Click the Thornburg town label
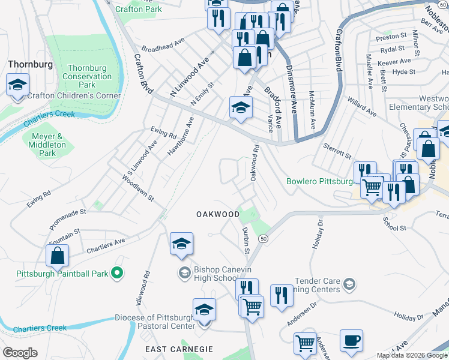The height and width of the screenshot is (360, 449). [30, 64]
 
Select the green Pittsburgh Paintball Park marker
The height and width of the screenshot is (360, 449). [118, 274]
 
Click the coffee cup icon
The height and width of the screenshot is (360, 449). [351, 340]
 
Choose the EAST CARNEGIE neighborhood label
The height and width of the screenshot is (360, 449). [179, 349]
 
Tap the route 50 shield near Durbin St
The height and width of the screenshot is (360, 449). [264, 239]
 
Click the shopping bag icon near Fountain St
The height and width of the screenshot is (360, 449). [56, 256]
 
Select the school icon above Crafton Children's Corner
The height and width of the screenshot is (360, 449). [18, 85]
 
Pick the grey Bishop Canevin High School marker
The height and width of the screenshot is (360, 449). [184, 274]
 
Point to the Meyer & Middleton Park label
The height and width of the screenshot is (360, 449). [47, 145]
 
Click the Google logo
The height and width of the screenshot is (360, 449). [20, 353]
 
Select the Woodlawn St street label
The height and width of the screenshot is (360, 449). [138, 188]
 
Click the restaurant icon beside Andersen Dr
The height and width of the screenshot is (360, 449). [281, 296]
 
